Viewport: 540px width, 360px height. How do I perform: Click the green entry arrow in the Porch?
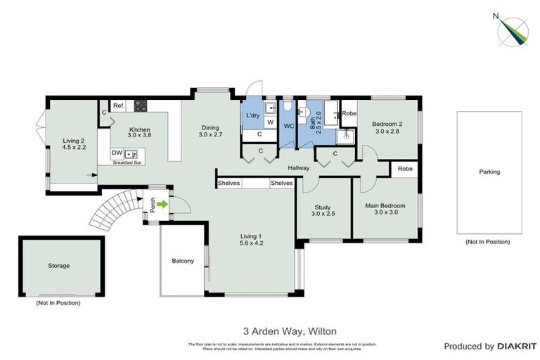162,205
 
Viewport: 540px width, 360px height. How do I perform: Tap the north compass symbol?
513,30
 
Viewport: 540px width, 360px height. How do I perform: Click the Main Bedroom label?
386,209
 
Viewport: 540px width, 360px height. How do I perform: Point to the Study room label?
323,209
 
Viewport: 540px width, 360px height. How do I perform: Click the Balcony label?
182,261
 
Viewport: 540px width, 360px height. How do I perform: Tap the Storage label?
59,266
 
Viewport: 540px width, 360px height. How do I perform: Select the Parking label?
489,172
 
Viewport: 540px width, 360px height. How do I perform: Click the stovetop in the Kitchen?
140,106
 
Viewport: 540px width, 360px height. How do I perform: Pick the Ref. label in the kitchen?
119,106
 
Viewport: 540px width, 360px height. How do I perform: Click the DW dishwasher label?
117,153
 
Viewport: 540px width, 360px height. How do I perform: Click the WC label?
288,127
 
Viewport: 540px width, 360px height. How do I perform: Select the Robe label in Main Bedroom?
405,169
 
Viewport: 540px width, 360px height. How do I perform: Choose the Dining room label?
210,130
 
